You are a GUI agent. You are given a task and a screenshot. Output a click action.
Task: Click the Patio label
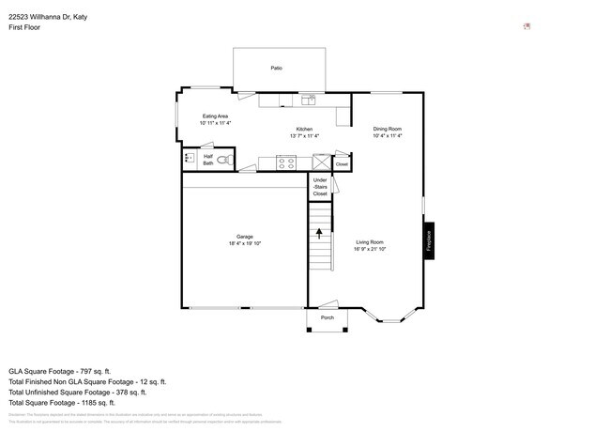pos(276,69)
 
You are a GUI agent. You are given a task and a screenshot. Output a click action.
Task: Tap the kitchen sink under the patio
pos(309,99)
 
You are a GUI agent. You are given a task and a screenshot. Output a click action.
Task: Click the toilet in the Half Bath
pos(224,161)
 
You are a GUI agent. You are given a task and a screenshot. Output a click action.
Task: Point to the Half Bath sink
pos(189,160)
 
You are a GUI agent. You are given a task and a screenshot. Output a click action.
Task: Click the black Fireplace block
pos(429,240)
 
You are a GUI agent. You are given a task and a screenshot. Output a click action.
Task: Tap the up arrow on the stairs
pos(320,230)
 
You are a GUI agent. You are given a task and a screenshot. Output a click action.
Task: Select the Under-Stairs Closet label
pos(320,187)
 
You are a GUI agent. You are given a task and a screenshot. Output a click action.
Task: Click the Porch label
pos(328,317)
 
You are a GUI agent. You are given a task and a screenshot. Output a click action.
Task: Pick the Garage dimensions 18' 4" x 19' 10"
pos(244,243)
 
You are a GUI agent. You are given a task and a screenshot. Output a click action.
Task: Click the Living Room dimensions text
pos(369,249)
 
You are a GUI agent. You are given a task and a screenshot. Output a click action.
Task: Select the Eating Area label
pos(215,116)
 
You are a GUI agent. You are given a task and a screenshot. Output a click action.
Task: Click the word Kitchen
pos(304,129)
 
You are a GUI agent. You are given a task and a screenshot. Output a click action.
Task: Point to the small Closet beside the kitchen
pos(341,164)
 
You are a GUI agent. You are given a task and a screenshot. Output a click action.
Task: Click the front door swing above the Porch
pos(327,303)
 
